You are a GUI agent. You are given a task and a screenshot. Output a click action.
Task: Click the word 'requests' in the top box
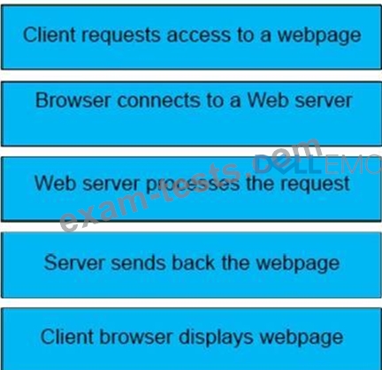[121, 36]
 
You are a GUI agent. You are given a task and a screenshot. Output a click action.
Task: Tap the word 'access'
[199, 35]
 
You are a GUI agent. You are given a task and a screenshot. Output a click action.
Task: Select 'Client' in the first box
[50, 34]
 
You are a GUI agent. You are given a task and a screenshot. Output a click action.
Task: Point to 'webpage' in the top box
[319, 36]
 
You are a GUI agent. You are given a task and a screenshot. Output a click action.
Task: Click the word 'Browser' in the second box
[73, 101]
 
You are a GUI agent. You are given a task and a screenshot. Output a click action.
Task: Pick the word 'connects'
[159, 101]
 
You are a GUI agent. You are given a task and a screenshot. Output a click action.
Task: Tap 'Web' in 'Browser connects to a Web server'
[268, 100]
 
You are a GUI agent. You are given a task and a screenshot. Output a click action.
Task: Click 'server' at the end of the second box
[324, 101]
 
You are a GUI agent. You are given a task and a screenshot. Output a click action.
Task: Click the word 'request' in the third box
[315, 185]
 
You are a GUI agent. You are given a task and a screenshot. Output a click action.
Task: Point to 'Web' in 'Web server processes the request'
[56, 183]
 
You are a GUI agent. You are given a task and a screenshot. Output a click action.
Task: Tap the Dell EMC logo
[317, 164]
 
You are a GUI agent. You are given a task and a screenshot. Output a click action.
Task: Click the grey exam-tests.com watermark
[190, 185]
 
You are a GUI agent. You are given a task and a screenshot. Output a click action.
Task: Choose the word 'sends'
[138, 263]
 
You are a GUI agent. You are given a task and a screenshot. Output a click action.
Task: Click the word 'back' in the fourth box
[193, 262]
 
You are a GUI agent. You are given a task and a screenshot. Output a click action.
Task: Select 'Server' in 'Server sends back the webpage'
[74, 262]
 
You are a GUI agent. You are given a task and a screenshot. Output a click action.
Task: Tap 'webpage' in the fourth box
[298, 264]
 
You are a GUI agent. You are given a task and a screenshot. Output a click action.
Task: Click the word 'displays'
[216, 337]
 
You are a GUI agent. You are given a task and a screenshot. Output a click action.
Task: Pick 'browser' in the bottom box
[136, 336]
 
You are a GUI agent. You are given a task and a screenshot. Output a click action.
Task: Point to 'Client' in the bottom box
[67, 336]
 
